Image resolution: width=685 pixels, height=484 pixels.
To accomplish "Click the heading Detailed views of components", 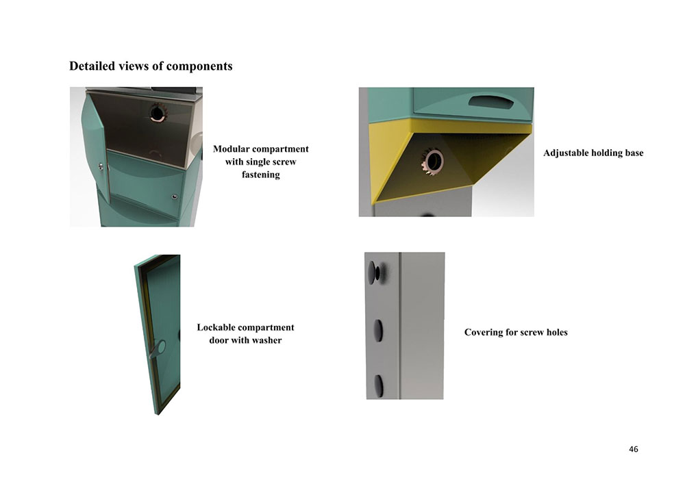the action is point(151,66).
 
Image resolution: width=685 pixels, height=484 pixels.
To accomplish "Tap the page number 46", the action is point(634,449).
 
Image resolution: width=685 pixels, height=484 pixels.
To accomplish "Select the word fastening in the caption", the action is point(261,175).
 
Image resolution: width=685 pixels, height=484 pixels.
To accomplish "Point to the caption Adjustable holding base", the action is point(593,153).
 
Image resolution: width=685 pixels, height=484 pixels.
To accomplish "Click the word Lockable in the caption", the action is point(216,327).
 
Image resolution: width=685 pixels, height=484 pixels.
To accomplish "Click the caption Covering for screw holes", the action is point(516,332).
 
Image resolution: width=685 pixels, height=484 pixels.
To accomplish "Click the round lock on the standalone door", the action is point(159,348).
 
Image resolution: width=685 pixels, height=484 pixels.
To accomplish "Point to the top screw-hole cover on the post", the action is point(373,272).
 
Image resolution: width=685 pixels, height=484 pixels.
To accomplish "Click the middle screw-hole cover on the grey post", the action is point(378,330).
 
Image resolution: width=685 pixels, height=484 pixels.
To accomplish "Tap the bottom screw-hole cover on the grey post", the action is point(378,386).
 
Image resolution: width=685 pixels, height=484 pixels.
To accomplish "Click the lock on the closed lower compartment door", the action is point(175,197).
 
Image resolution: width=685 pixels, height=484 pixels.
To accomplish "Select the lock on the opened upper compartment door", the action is point(101,166).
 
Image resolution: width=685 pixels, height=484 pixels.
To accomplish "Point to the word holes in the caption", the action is point(557,332).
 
